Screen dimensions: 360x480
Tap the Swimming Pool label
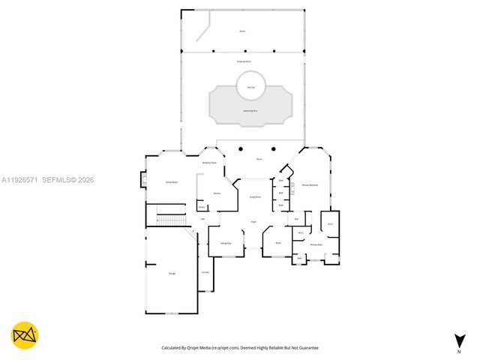[x=250, y=110]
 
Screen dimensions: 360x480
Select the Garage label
[x=172, y=274]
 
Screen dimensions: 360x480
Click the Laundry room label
[x=205, y=272]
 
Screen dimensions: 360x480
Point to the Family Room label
[x=170, y=182]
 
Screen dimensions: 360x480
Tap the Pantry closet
[x=202, y=207]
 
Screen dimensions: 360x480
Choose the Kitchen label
[x=217, y=193]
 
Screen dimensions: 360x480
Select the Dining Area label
[x=226, y=244]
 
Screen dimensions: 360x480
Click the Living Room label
[x=255, y=196]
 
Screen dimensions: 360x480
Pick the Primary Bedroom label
[x=310, y=184]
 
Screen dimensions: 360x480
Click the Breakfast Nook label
[x=209, y=163]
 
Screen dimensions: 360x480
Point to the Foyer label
[x=253, y=222]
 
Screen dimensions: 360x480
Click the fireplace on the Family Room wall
[x=142, y=181]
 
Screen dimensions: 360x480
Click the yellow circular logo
[x=25, y=335]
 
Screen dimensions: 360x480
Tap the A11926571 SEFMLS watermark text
[x=47, y=180]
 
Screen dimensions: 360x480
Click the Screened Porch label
[x=244, y=60]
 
